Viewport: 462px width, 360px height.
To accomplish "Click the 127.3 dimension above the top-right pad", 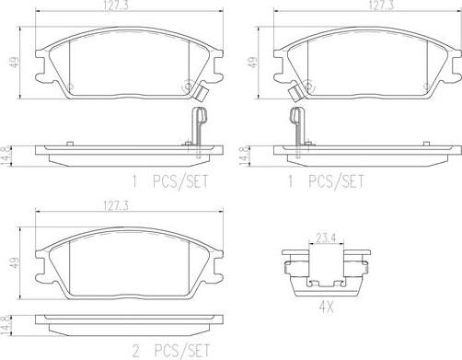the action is pos(381,6).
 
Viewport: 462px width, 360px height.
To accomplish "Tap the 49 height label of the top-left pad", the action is pos(15,62).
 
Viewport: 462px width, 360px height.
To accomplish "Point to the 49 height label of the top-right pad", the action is pos(253,62).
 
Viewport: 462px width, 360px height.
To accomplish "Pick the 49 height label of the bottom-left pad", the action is pos(15,263).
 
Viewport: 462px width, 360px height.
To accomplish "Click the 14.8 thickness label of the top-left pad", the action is pos(6,157).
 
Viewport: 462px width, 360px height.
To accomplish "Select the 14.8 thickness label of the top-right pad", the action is pos(244,157).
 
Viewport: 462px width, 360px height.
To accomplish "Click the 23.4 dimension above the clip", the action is pos(326,238).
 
